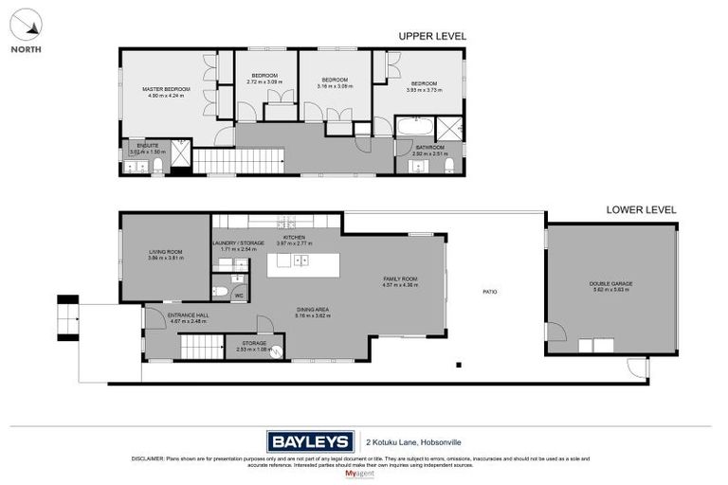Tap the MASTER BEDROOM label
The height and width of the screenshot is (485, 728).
tap(166, 89)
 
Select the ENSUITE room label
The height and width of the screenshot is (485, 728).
tap(147, 145)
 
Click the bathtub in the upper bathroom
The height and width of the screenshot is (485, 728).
tap(415, 127)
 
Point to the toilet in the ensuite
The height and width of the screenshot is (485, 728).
tap(158, 167)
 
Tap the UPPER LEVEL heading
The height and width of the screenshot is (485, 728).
tap(432, 36)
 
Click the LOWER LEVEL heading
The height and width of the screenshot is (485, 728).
tap(642, 209)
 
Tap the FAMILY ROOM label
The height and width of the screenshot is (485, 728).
tap(399, 278)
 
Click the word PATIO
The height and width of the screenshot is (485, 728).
tap(489, 292)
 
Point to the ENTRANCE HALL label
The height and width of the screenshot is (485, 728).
tap(188, 316)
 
